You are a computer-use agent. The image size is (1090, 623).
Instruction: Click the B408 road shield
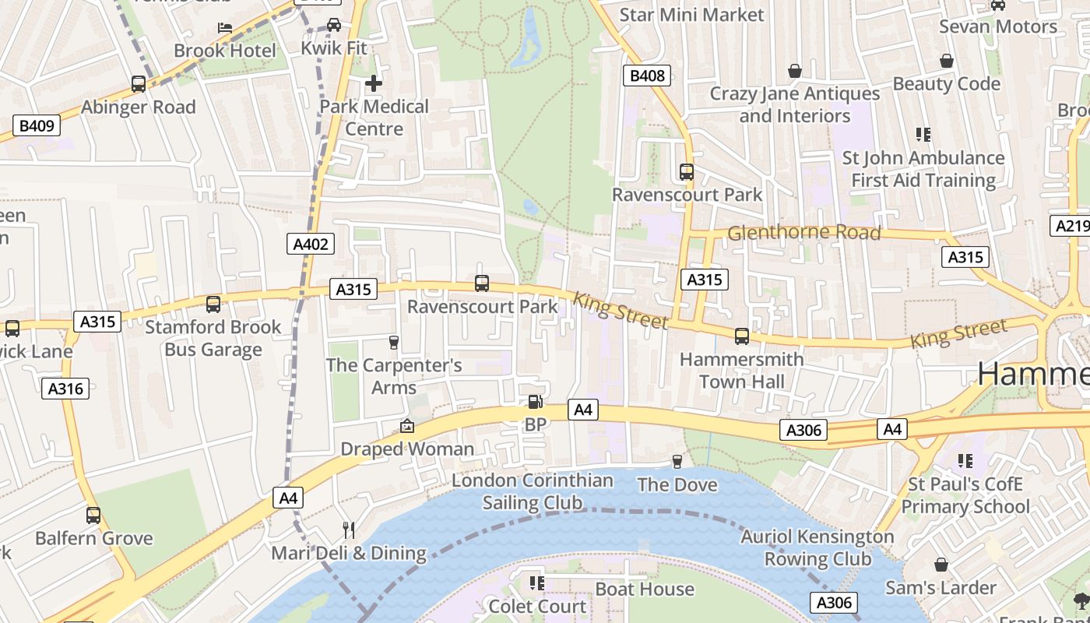pos(647,76)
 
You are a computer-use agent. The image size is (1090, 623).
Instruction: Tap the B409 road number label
pos(37,125)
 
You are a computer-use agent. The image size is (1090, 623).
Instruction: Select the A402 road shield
pos(311,244)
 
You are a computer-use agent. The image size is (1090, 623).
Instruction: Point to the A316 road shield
pos(65,388)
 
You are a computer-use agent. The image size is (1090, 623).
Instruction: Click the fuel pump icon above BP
pos(535,402)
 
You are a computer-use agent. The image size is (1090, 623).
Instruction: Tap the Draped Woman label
pos(407,449)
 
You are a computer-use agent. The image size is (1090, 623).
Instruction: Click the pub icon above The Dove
pos(677,461)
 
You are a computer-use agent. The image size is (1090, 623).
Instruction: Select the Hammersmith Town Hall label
pos(741,371)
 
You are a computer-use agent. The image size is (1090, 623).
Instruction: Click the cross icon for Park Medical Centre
pos(374,83)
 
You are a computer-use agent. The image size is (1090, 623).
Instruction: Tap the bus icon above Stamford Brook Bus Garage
pos(213,304)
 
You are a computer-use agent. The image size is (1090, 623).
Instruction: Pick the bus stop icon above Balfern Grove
pos(93,515)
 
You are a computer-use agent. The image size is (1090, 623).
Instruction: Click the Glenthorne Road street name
pos(803,233)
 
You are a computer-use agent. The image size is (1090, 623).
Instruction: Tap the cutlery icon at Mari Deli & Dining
pos(349,530)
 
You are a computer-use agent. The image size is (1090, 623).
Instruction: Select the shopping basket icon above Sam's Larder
pos(941,565)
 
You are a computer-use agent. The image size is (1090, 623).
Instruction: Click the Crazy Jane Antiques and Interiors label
pos(794,104)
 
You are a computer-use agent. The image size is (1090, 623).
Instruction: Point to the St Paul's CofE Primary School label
pos(965,495)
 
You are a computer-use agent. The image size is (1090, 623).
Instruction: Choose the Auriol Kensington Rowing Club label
pos(817,547)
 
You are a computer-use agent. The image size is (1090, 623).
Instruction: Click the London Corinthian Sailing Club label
pos(533,491)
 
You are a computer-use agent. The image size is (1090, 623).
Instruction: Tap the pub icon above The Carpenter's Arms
pos(393,342)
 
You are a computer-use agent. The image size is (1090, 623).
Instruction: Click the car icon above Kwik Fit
pos(334,25)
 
